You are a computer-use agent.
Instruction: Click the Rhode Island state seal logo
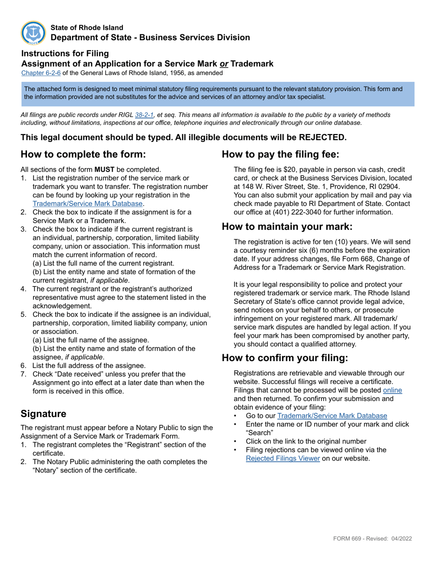coord(33,33)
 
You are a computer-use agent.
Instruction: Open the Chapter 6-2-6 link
coord(41,73)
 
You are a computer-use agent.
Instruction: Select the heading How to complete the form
coord(83,154)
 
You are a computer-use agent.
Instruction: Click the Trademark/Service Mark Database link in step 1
coord(88,204)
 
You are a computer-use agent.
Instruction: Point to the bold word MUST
coord(104,169)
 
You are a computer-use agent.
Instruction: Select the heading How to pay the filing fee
coord(280,154)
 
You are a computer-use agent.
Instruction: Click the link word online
coord(392,390)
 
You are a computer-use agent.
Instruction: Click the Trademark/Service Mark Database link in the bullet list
coord(332,416)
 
